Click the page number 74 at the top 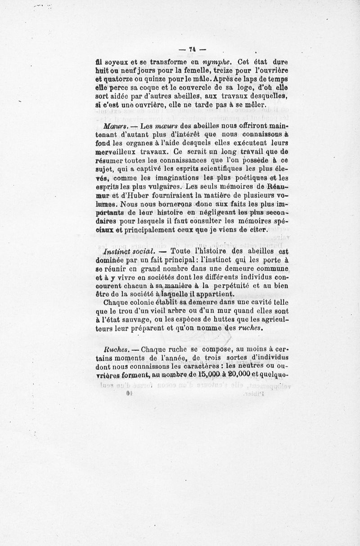point(191,49)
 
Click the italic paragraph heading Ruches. point(114,349)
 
